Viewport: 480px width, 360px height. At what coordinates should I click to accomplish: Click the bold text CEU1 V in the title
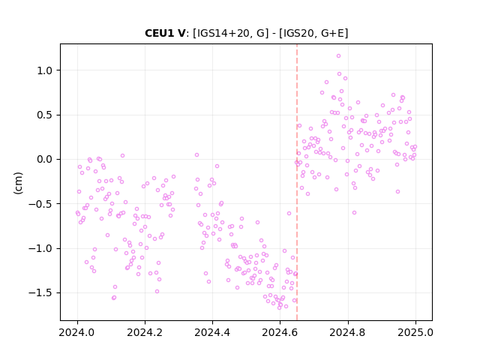tap(165, 33)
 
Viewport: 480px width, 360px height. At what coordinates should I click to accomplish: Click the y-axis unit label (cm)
tap(18, 183)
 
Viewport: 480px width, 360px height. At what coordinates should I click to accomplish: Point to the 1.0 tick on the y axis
tap(45, 70)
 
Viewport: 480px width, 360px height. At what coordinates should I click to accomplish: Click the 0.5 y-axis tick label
tap(45, 115)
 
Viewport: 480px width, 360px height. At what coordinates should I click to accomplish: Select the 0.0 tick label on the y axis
tap(45, 160)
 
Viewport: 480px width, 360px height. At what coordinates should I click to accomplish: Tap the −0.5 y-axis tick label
tap(40, 204)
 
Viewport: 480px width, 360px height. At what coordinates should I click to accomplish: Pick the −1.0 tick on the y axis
tap(40, 248)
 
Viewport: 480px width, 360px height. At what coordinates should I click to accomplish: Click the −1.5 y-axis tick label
tap(40, 293)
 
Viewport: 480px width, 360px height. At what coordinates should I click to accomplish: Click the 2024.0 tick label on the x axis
tap(77, 332)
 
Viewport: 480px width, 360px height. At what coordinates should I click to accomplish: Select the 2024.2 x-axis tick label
tap(145, 332)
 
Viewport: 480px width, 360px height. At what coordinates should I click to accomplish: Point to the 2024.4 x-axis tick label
tap(212, 332)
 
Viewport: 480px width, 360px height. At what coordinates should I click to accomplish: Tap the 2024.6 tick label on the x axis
tap(280, 332)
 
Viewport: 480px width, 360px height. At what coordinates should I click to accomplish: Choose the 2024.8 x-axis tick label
tap(347, 332)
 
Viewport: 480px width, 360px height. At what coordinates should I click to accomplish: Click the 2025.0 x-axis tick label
tap(415, 332)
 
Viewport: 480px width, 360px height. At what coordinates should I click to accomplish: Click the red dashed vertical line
tap(297, 182)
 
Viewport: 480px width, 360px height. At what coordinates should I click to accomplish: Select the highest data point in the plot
tap(338, 56)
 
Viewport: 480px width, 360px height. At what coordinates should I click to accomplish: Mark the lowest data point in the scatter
tap(279, 307)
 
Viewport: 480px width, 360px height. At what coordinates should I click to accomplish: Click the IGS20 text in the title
tap(298, 33)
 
